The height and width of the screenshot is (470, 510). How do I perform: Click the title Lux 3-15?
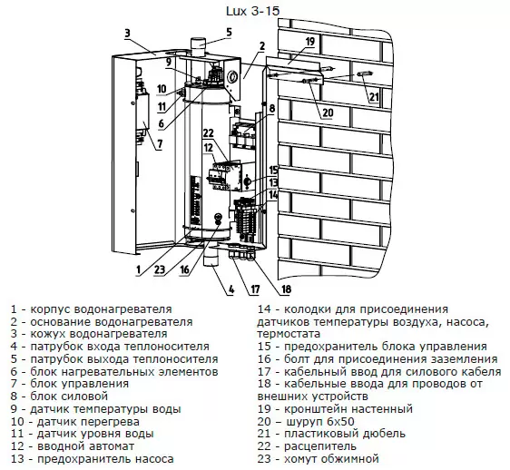252,11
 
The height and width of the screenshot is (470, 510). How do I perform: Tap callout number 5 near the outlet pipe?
229,32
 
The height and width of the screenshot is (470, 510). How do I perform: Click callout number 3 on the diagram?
127,34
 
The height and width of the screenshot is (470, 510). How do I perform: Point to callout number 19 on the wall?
310,42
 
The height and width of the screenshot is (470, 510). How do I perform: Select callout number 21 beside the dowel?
374,96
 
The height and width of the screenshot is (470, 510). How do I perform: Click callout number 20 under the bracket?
328,113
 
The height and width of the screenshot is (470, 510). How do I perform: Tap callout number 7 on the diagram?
160,143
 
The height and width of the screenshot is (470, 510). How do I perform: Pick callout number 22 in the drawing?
209,132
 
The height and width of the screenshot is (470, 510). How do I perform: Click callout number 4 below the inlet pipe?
230,289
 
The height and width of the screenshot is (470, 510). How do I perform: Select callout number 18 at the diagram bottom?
286,289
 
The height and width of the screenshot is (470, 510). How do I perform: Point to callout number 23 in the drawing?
160,269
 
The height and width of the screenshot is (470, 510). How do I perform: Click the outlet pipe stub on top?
198,48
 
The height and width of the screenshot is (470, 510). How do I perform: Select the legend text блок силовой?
69,397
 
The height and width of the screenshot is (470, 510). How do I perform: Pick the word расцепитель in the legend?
320,446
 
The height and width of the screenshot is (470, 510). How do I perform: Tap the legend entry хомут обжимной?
332,459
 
